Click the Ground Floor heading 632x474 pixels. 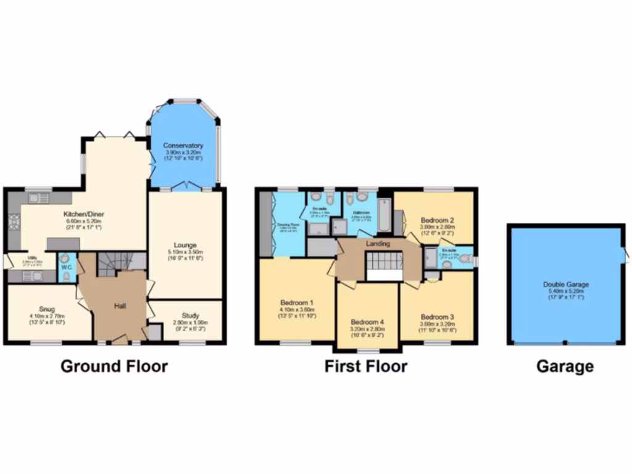(114, 366)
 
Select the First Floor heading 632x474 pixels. (366, 366)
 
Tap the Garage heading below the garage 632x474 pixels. (565, 366)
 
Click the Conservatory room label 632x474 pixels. (184, 146)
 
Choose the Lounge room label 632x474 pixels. (185, 244)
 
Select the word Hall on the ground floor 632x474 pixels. (121, 306)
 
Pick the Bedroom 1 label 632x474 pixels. (297, 303)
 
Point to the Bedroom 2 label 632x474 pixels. (438, 220)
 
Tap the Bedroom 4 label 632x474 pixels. (367, 322)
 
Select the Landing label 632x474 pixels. (378, 244)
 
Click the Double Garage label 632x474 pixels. (565, 284)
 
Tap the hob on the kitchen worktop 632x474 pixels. (13, 222)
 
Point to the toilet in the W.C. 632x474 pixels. (65, 277)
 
